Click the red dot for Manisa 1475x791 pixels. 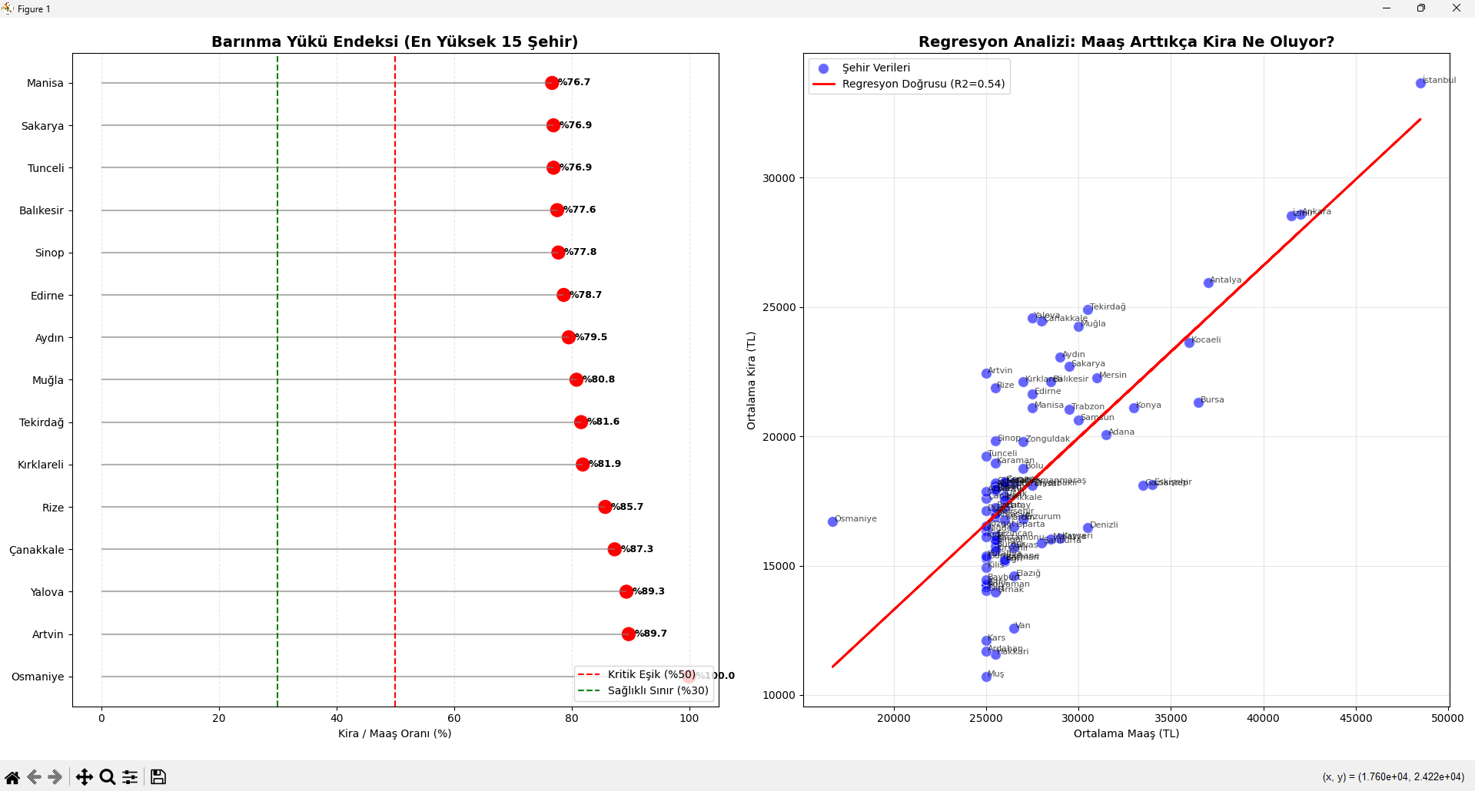coord(552,83)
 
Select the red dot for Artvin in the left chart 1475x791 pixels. coord(629,634)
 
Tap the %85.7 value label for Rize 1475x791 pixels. coord(628,507)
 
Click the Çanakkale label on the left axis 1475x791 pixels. coord(37,550)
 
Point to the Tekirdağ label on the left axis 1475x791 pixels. coord(42,422)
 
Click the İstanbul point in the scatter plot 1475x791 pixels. coord(1420,83)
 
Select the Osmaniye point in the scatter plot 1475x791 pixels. coord(832,521)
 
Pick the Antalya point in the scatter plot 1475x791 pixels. coord(1208,283)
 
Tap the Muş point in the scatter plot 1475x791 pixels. coord(986,677)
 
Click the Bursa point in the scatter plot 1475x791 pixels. coord(1198,402)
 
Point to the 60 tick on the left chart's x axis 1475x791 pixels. coord(454,718)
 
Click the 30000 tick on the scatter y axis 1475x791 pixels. coord(779,178)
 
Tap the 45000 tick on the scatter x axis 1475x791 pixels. coord(1355,718)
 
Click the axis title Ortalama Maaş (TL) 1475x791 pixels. coord(1126,733)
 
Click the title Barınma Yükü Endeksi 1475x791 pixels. coord(394,41)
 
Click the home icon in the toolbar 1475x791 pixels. coord(12,777)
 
